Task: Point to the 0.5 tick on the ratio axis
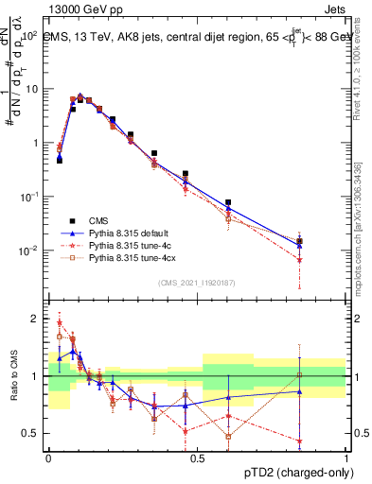32,433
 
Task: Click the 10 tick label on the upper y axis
31,88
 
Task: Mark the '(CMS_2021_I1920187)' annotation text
197,282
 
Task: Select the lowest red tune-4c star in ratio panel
299,441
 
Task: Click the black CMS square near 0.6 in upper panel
228,202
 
